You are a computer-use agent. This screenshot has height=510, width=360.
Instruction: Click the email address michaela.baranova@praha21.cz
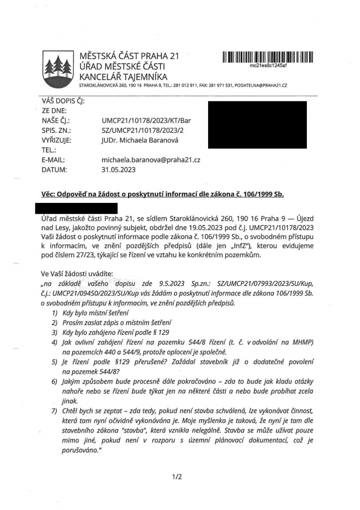tap(150, 159)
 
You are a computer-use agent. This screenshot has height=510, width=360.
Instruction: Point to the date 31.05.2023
tap(118, 169)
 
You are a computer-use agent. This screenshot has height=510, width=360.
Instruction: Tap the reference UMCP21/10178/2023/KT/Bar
tap(145, 120)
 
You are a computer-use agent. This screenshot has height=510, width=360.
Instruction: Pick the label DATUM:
tap(54, 169)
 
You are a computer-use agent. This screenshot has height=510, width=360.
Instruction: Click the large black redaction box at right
tap(257, 124)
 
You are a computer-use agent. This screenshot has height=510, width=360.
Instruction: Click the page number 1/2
tap(177, 477)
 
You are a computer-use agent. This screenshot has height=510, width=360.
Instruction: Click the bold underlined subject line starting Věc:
tap(162, 194)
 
